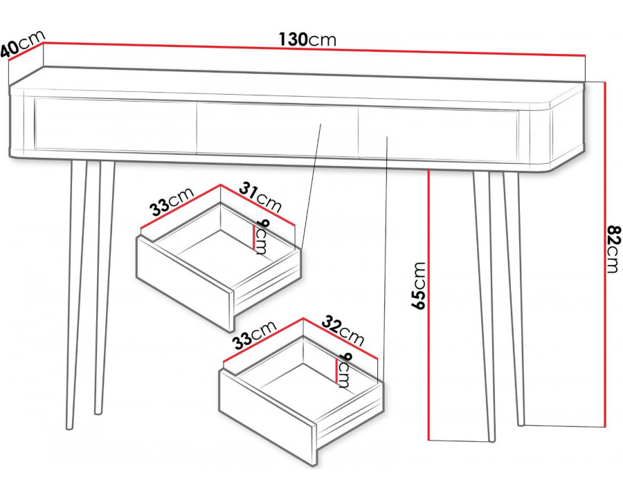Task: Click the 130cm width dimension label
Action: (307, 39)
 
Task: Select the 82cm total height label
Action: (613, 250)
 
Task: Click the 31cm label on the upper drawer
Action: (260, 196)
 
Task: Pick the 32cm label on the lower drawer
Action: (343, 330)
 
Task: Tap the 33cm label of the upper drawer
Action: (171, 202)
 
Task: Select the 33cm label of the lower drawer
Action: (254, 334)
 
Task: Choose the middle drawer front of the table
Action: (278, 130)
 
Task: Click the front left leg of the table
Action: (76, 294)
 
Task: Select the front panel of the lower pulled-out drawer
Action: (267, 417)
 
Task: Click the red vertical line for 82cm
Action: (605, 254)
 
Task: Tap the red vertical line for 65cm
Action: (428, 305)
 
